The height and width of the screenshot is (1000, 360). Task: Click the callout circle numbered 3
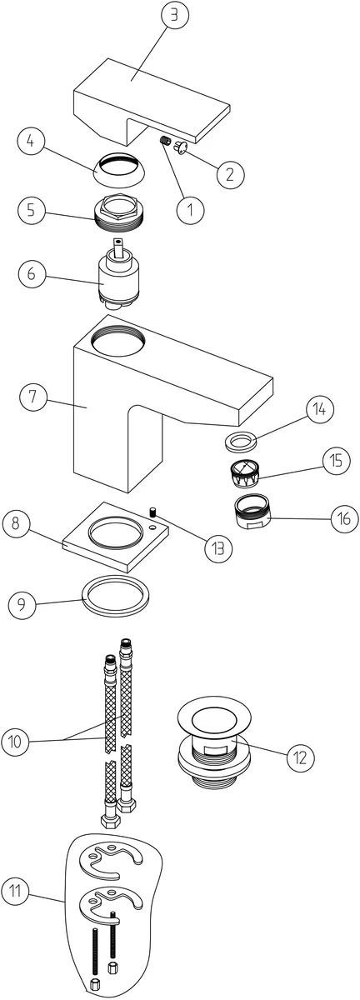(175, 15)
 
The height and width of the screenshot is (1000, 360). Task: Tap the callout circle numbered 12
(301, 757)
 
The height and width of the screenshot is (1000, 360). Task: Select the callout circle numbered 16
(344, 518)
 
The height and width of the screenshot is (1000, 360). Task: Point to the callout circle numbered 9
(22, 604)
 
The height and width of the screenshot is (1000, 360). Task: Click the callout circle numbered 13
(218, 547)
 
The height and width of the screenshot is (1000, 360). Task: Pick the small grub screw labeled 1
(166, 141)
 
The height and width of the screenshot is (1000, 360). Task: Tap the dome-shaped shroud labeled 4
(119, 170)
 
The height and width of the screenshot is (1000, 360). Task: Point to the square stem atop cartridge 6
(119, 247)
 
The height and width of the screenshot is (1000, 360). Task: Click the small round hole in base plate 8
(153, 527)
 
